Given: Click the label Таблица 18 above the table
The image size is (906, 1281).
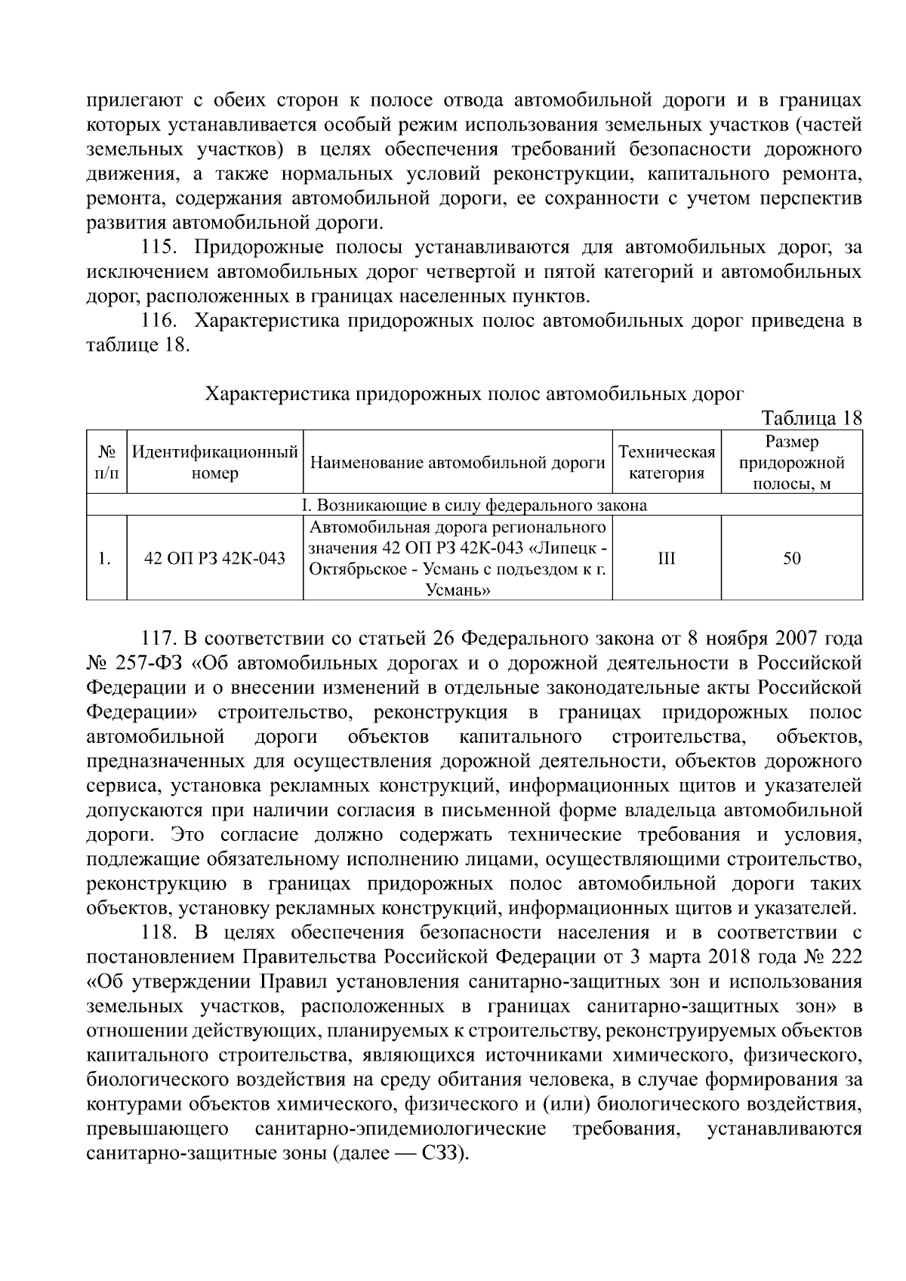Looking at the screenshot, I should pos(812,419).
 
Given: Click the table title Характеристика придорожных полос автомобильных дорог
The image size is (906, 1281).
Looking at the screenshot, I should pos(475,394).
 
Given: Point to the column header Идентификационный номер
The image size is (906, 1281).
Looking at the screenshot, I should pos(215,463).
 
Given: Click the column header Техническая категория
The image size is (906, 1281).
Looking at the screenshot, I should pos(667,463).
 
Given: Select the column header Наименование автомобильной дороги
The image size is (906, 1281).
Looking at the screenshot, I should pos(458,463).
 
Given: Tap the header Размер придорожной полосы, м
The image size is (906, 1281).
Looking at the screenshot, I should pos(791,463).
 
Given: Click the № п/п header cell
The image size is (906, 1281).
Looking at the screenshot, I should pos(106,463).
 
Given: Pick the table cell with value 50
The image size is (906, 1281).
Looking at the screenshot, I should pos(791,559).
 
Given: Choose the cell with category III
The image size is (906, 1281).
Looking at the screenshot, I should pos(667,559).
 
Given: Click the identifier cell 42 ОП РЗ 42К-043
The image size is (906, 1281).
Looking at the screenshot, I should pos(215,559).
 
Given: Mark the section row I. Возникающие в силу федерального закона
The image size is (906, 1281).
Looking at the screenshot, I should pos(475,505).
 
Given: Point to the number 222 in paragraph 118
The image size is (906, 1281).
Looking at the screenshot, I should pos(845,957).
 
